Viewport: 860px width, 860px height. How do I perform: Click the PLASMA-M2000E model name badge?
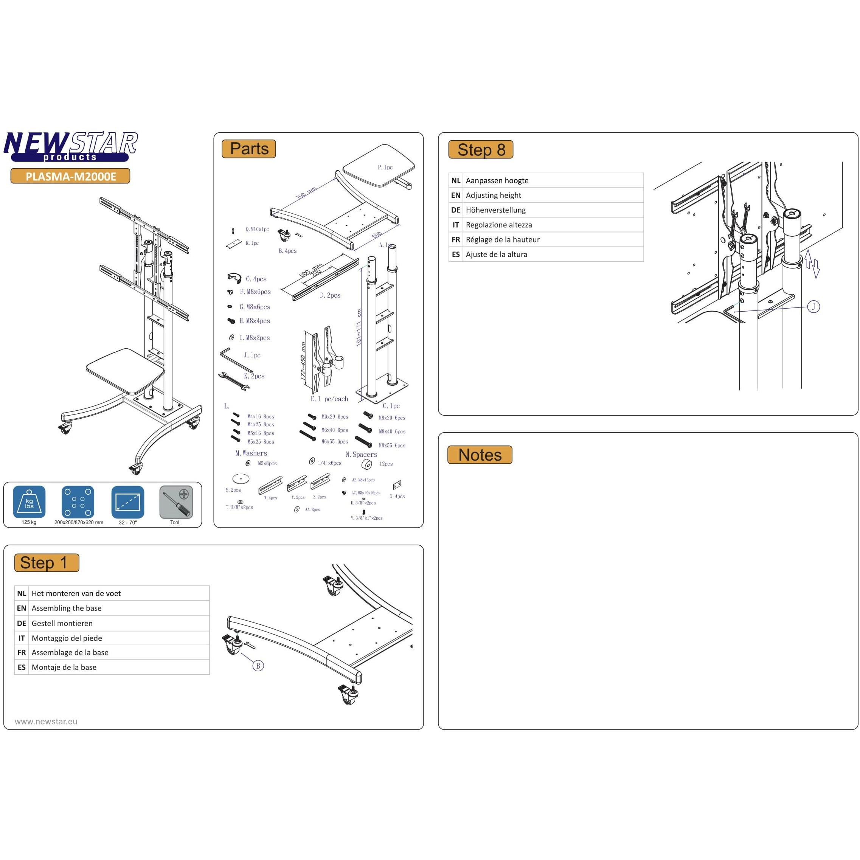point(70,176)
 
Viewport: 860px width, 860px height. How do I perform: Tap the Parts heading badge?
point(249,149)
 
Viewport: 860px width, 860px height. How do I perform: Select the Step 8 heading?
point(481,149)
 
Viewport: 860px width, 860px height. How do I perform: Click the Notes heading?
point(480,455)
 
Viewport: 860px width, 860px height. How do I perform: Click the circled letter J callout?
point(813,307)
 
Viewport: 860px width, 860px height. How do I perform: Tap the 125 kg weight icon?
point(29,502)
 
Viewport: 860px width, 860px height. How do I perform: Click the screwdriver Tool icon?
point(176,502)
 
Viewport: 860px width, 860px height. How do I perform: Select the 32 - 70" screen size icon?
point(128,502)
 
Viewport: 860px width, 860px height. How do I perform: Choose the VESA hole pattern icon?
point(78,502)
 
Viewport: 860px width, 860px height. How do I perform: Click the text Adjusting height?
point(493,196)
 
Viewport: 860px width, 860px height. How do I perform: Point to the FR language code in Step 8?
point(455,239)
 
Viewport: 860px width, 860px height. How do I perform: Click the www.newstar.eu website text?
point(46,722)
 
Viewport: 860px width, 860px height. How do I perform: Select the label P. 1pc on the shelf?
point(385,168)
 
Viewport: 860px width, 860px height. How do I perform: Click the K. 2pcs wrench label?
point(254,376)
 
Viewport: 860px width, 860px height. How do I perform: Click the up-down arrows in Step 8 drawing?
point(812,264)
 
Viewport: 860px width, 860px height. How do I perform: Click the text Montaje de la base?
point(64,667)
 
